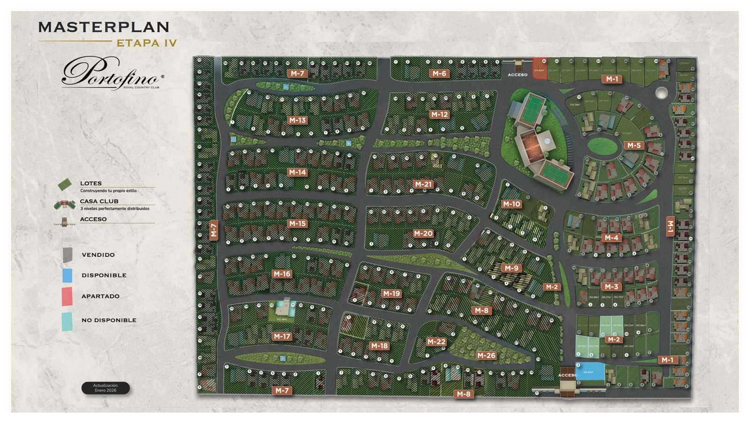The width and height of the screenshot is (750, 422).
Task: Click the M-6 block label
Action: pos(439,73)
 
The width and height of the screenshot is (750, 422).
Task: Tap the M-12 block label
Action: pos(439,114)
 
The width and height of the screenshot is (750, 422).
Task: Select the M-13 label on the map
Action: pos(297,120)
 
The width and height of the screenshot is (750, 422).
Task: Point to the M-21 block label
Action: pos(423,184)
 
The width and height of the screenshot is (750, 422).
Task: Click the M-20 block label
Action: pos(423,233)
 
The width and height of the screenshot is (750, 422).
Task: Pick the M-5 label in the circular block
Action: pos(634,145)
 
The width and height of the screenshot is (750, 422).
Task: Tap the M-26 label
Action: pos(486,355)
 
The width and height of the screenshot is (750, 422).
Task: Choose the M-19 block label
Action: pos(391,294)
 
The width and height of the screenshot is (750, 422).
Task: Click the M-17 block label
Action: pos(282,336)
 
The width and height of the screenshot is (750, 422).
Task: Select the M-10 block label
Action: pos(511,204)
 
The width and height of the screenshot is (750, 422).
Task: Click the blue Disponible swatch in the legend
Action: pos(67,275)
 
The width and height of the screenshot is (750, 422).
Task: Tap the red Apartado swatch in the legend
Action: pos(67,296)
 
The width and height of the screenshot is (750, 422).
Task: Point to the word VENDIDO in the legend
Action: pos(98,255)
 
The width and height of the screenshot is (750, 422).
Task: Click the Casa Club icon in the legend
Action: pos(65,204)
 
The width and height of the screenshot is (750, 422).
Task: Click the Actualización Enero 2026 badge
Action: pos(105,388)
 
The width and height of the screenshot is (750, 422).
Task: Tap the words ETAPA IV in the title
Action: pos(147,43)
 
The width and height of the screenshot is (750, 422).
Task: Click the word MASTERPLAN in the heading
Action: pos(104,27)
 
